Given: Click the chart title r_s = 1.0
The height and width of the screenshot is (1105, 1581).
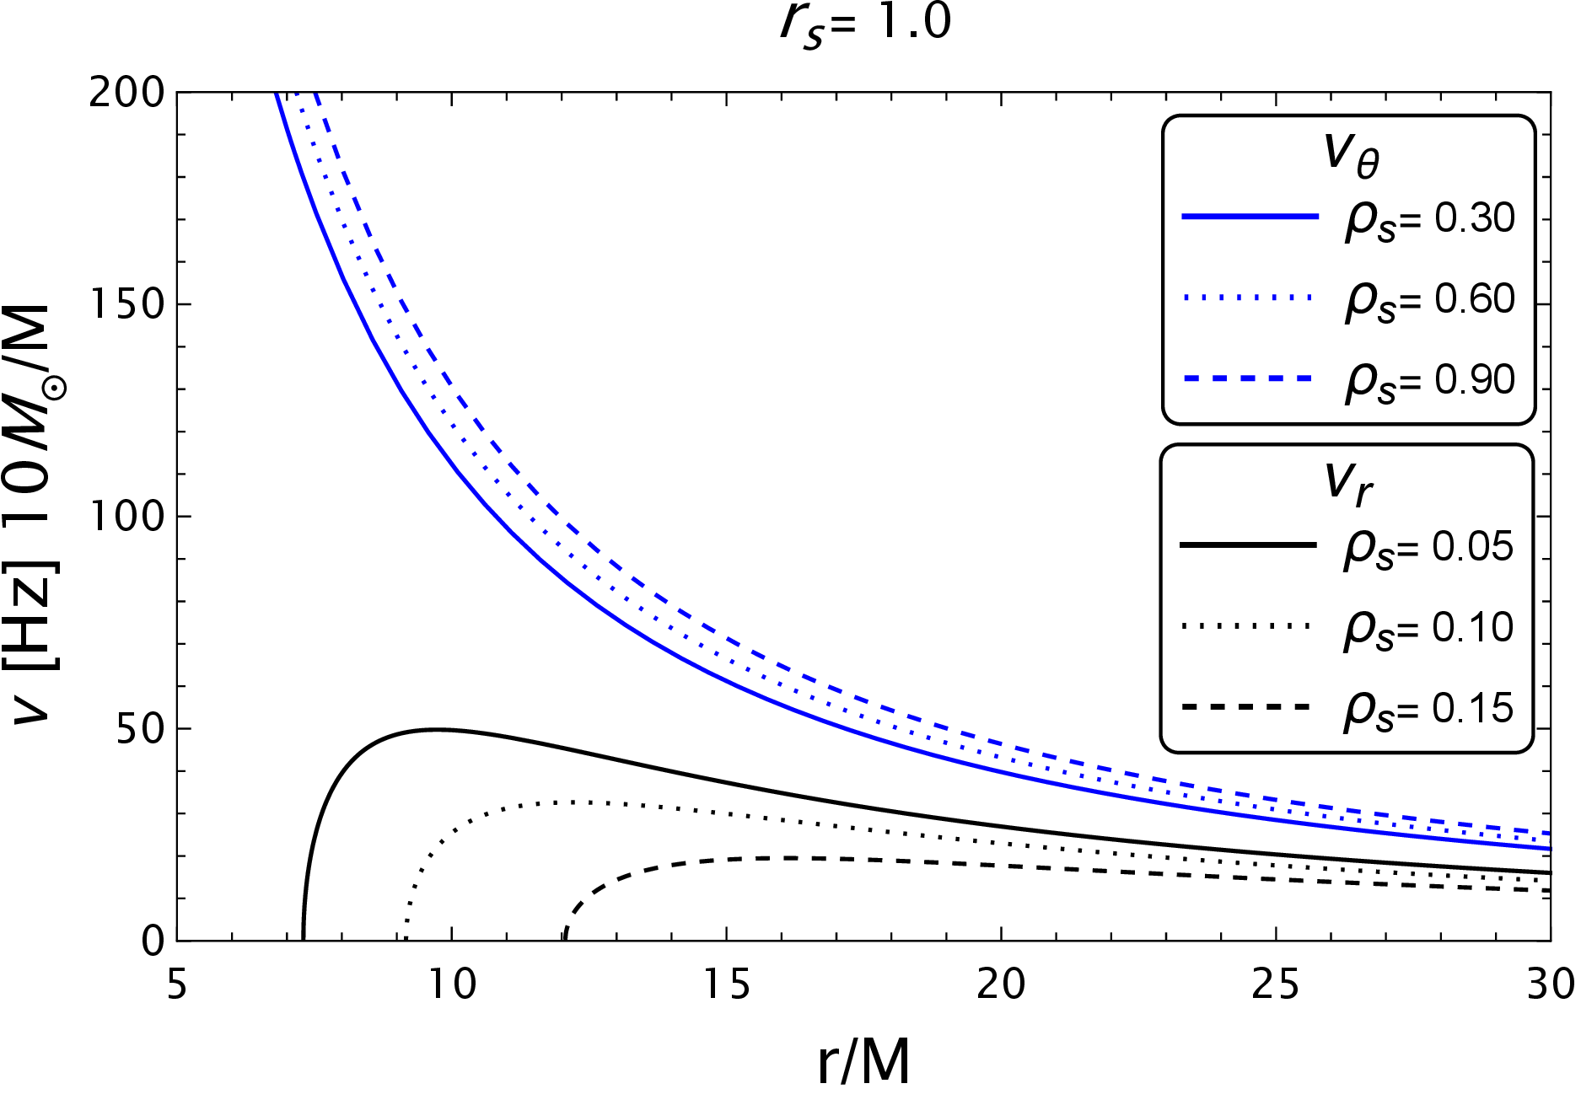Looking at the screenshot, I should [x=865, y=24].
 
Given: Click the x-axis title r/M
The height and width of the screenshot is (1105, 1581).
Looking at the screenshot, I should [x=863, y=1062].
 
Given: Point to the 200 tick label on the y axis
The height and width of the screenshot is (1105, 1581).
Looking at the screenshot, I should [x=126, y=93].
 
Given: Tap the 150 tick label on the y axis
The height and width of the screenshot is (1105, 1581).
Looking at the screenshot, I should [x=126, y=304].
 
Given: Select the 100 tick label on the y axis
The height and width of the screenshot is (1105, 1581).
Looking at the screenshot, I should [x=126, y=516].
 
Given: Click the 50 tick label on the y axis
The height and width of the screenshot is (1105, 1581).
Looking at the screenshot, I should [x=139, y=728].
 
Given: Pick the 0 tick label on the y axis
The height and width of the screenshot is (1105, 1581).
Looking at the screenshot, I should [x=153, y=941].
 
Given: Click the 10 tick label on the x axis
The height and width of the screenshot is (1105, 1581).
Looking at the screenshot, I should [x=452, y=984].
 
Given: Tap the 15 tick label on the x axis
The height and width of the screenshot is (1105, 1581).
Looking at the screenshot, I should [x=726, y=984].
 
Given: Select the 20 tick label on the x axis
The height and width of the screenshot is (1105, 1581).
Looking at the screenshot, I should [x=1001, y=984].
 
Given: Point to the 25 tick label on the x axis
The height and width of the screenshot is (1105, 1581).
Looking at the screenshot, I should [x=1275, y=984].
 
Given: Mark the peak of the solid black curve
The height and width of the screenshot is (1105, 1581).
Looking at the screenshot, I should [x=435, y=729].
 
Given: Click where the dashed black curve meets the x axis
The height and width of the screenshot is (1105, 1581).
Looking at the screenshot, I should [x=564, y=939].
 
